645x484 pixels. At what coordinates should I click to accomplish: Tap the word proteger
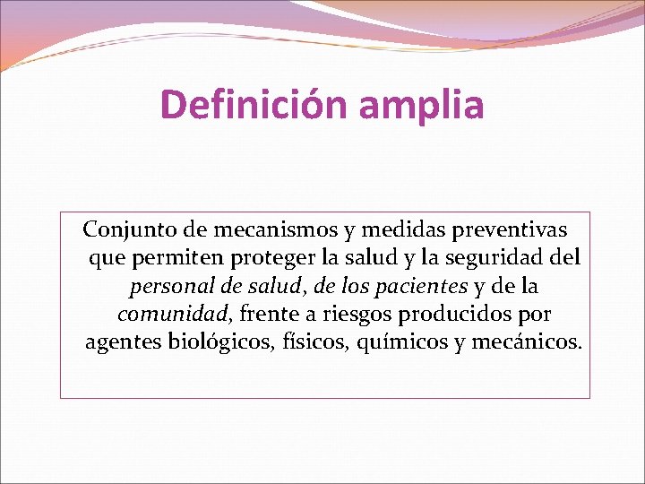[x=271, y=258]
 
